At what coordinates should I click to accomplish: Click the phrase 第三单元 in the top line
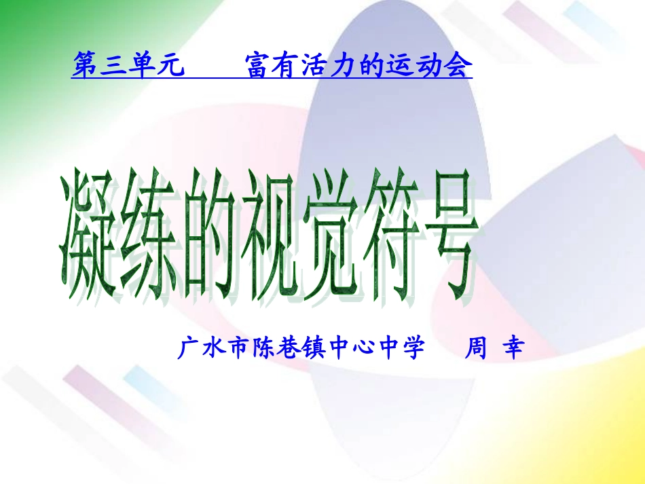[x=128, y=67]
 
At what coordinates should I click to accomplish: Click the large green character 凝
[x=88, y=238]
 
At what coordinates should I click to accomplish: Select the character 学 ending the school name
[x=413, y=348]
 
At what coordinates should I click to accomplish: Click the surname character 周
[x=475, y=348]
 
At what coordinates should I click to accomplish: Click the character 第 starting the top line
[x=85, y=67]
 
